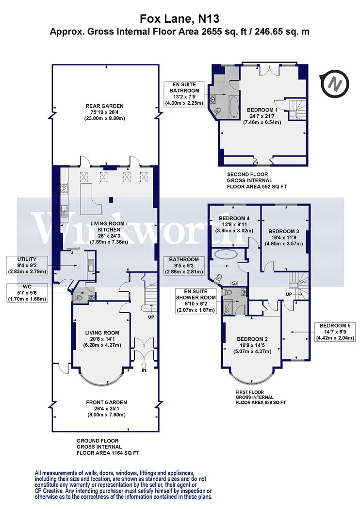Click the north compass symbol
point(334,84)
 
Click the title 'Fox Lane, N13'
point(180,18)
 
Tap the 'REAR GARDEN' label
point(104,106)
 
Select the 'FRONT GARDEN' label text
point(107,402)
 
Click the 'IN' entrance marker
point(144,370)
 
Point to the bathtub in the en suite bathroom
point(234,107)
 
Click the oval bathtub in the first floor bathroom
point(226,254)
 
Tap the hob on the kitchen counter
point(65,189)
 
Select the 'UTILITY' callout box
point(27,265)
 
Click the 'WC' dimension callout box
point(27,292)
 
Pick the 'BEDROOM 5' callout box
point(335,332)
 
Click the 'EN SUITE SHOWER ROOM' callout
point(196,301)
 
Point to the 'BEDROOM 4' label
point(234,219)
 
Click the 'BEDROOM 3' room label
point(284,231)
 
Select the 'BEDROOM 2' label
point(252,339)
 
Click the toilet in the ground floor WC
point(78,297)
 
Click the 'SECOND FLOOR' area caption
point(247,175)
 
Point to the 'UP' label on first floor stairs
point(289,294)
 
